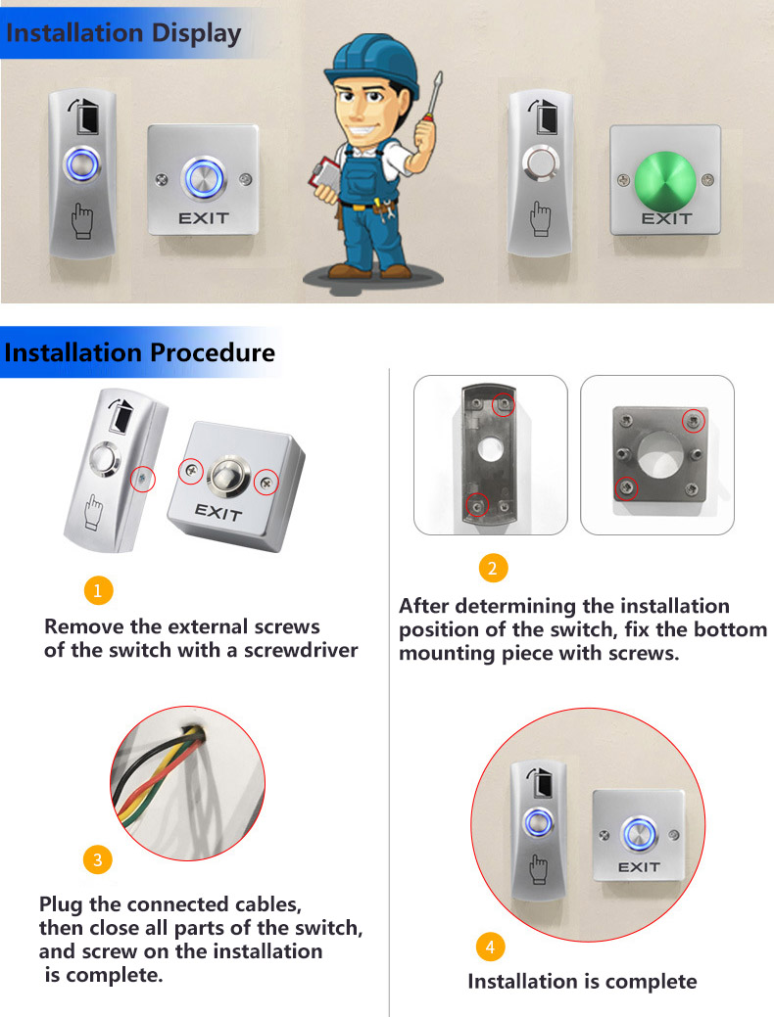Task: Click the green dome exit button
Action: [x=664, y=180]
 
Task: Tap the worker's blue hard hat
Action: [x=371, y=61]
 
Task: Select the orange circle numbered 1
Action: [x=99, y=590]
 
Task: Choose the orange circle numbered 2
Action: [x=493, y=568]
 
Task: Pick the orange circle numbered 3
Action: [x=98, y=859]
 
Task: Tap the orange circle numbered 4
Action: [x=490, y=947]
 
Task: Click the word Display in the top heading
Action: [x=195, y=33]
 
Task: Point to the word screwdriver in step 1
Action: [x=301, y=650]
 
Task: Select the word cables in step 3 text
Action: [x=268, y=904]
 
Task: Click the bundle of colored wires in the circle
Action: [x=163, y=772]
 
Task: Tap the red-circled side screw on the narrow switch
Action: [x=143, y=480]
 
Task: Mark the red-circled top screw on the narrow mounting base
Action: [x=504, y=404]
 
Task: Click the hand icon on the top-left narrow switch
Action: [x=82, y=220]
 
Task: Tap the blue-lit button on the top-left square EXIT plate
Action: [x=204, y=178]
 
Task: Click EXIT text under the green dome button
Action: [x=666, y=219]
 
